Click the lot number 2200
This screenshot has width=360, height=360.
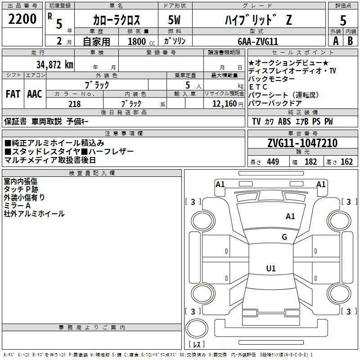pos(22,19)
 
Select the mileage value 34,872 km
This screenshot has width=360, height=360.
pos(55,65)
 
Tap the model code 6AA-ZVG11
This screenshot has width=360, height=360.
pos(258,41)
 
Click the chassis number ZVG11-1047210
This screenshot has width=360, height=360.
pos(302,143)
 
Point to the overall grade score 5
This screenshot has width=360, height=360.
pos(343,21)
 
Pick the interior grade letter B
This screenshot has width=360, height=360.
pos(350,41)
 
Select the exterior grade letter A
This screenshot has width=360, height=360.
pos(336,41)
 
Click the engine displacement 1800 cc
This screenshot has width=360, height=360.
pos(141,41)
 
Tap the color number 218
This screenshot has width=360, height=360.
pos(74,104)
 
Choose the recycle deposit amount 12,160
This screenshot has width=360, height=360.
pos(225,104)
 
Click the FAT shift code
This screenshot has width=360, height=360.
pos(13,94)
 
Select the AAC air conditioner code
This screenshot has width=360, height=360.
pos(35,94)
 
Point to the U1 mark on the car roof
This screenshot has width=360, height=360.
pos(271,268)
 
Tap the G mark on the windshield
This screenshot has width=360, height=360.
pos(284,237)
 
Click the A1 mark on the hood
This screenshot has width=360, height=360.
pos(290,216)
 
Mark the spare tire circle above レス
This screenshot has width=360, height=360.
pos(197,328)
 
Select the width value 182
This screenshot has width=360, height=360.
pos(310,162)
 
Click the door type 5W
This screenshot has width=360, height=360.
pos(174,20)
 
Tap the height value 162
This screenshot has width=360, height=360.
pos(346,162)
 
